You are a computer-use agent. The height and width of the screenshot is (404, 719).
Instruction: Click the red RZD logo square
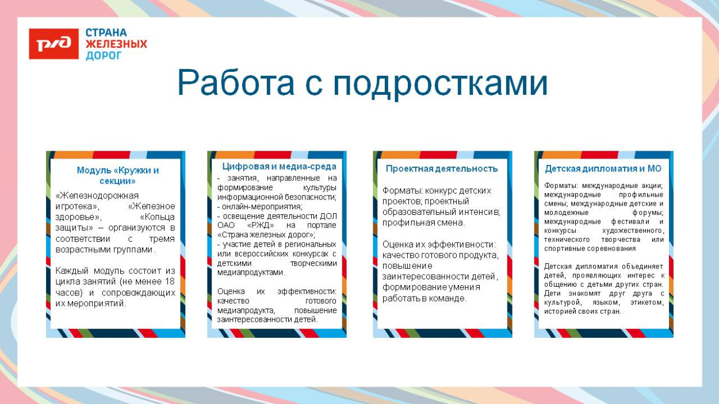[53, 44]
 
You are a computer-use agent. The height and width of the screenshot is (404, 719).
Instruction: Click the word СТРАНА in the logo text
[106, 33]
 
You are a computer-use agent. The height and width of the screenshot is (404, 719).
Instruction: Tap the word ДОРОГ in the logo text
[104, 56]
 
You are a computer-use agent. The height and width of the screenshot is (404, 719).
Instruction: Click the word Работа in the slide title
[236, 83]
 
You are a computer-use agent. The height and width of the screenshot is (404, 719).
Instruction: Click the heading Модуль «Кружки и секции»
[117, 175]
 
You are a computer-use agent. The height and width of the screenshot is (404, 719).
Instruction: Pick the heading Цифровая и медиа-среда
[279, 166]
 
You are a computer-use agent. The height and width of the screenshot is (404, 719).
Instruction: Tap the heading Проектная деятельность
[442, 168]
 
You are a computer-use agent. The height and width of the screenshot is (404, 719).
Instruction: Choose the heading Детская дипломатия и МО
[603, 168]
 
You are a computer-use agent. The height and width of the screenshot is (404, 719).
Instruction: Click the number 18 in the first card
[169, 282]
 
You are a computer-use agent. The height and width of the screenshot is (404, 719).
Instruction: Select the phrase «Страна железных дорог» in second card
[266, 234]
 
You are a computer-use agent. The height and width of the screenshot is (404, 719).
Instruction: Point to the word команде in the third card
[448, 298]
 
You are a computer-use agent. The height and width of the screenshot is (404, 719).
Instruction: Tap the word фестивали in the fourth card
[632, 221]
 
